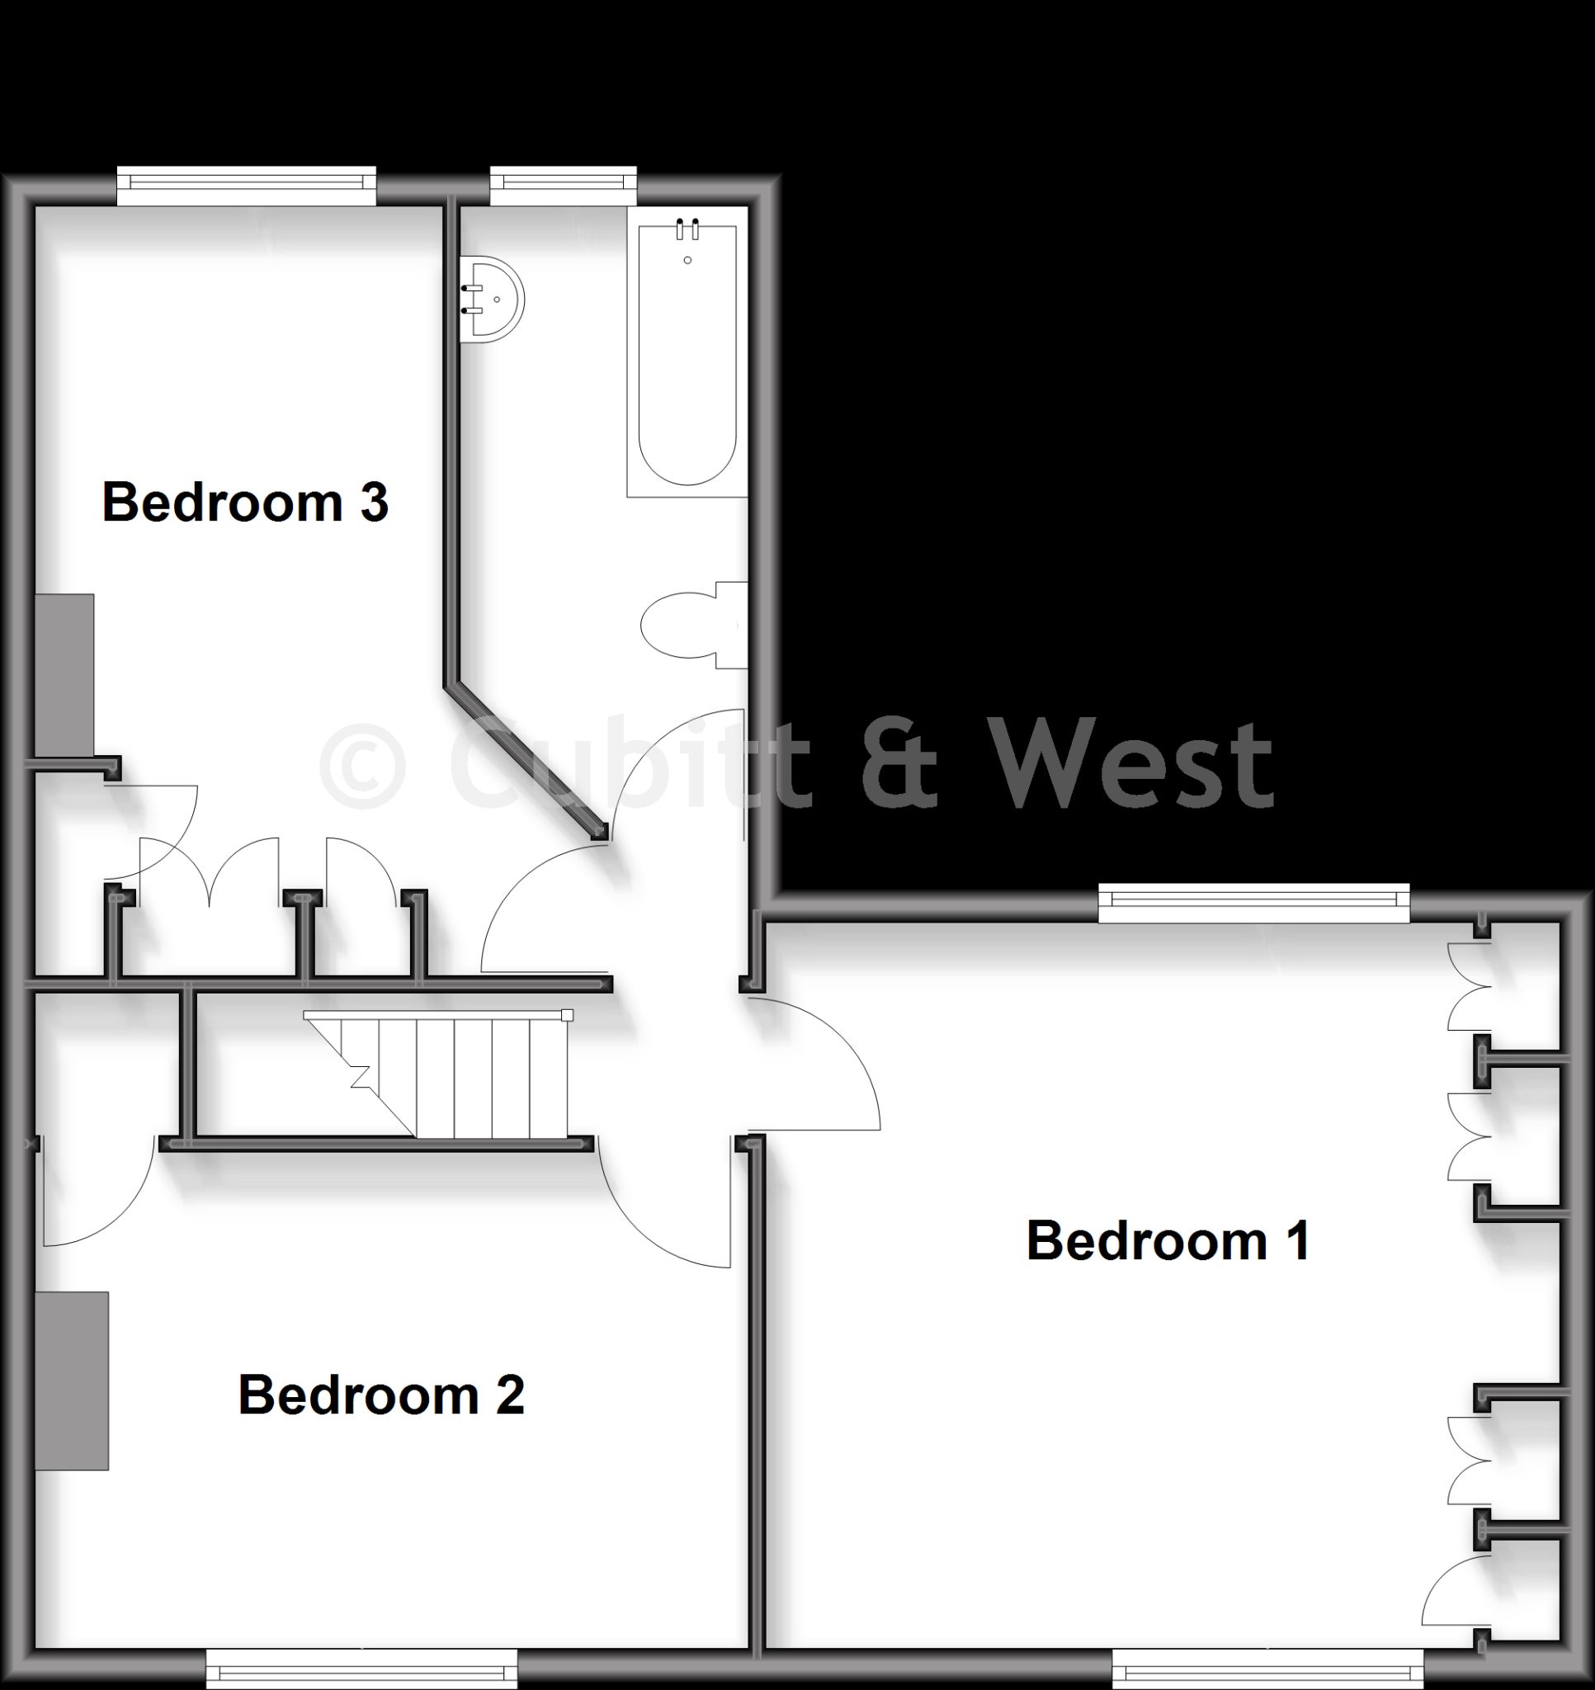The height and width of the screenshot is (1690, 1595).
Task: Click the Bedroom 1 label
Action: click(x=1168, y=1241)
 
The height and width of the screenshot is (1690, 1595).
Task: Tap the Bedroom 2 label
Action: click(x=381, y=1395)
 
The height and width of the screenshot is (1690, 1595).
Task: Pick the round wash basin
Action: click(x=492, y=300)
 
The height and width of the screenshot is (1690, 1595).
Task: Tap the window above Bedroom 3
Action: click(x=246, y=186)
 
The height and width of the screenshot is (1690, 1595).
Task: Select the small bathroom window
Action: click(x=563, y=186)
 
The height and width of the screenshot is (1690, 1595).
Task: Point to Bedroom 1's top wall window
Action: click(x=1254, y=903)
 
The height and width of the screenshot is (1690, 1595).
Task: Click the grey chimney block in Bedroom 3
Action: click(x=64, y=675)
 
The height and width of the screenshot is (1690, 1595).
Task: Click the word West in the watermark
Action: click(x=1135, y=764)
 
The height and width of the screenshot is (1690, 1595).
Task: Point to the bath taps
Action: click(x=687, y=229)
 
